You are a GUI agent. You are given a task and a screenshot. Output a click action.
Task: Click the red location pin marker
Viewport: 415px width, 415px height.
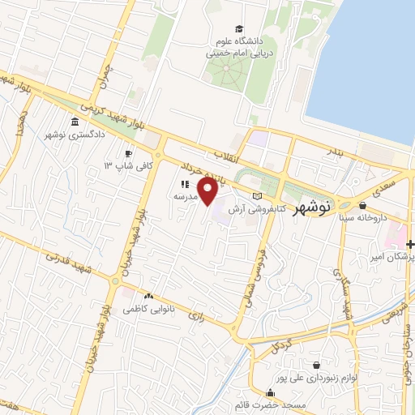(208, 192)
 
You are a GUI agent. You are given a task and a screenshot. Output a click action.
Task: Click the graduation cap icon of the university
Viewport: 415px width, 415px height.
(238, 28)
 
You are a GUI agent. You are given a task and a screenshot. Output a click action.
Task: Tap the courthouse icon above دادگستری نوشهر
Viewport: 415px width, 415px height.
(75, 122)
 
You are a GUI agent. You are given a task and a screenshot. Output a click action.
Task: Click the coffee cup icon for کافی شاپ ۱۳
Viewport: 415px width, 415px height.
(129, 153)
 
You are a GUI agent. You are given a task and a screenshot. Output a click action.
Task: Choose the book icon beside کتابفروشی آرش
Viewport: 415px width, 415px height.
(259, 197)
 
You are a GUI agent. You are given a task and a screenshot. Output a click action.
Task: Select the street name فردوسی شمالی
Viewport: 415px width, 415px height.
(252, 283)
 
